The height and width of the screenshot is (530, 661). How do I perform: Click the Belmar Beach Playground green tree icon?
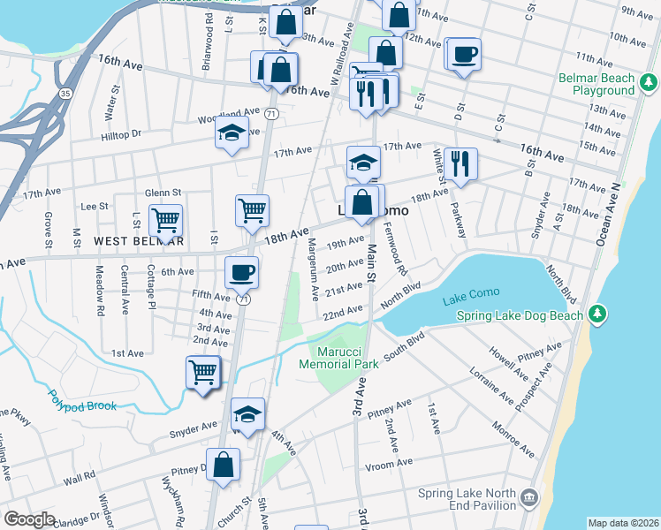click(x=649, y=83)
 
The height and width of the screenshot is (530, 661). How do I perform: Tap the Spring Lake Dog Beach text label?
click(x=520, y=316)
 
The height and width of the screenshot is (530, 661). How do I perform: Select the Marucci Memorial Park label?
click(x=338, y=357)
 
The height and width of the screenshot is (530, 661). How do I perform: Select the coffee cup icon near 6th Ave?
click(x=241, y=272)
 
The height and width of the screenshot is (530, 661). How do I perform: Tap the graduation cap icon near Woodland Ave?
click(x=232, y=134)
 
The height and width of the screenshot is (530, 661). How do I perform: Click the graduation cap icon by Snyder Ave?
click(x=247, y=413)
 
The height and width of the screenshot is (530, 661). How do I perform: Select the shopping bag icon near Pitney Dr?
click(x=224, y=465)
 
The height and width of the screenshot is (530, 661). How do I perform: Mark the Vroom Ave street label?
click(x=391, y=463)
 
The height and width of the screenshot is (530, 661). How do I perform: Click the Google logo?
click(x=29, y=520)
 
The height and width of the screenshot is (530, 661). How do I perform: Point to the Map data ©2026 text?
click(x=622, y=523)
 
